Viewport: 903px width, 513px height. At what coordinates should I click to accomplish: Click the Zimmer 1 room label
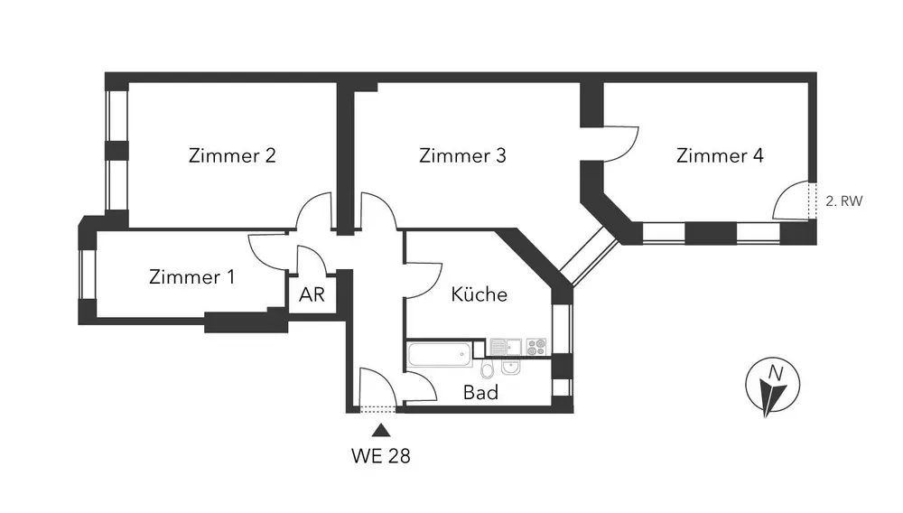(x=192, y=277)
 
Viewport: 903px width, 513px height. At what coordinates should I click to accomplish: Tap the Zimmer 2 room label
(x=232, y=155)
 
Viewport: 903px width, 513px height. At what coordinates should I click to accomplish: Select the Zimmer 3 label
(x=462, y=155)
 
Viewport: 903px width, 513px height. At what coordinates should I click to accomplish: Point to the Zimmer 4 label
(x=720, y=155)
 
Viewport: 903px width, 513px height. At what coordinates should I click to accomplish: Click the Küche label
(x=479, y=294)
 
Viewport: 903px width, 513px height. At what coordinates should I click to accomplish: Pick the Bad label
(x=480, y=393)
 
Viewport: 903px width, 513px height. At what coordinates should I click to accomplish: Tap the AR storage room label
(x=312, y=294)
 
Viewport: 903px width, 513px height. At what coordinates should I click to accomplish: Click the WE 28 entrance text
(x=380, y=456)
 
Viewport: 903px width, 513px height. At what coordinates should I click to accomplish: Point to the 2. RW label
(x=844, y=202)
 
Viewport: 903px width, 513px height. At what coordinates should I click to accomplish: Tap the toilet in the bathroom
(x=488, y=370)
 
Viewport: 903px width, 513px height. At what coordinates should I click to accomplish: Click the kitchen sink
(x=503, y=346)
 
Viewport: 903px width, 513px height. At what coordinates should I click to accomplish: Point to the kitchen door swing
(x=422, y=280)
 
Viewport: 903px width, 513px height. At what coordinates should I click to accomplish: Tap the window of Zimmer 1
(x=88, y=273)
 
